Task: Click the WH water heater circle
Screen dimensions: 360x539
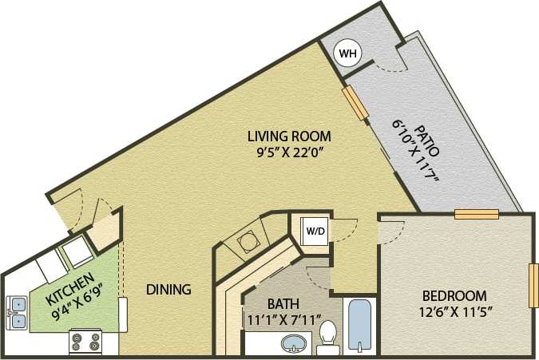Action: tap(347, 53)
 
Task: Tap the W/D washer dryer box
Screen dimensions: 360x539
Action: tap(315, 231)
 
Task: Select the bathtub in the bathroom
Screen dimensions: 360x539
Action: tap(360, 326)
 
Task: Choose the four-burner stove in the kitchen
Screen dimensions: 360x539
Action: tap(86, 342)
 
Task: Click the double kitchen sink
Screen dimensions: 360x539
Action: tap(18, 312)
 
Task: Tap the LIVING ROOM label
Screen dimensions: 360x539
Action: tap(288, 136)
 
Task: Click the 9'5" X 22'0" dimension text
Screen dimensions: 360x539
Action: tap(288, 151)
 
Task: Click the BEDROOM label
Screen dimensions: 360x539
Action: tap(454, 295)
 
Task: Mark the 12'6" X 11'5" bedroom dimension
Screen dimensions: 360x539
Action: tap(454, 311)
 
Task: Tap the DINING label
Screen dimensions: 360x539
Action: tap(168, 290)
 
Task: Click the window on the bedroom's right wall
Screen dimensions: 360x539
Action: tap(533, 284)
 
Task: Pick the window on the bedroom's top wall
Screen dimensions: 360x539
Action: tap(477, 213)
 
